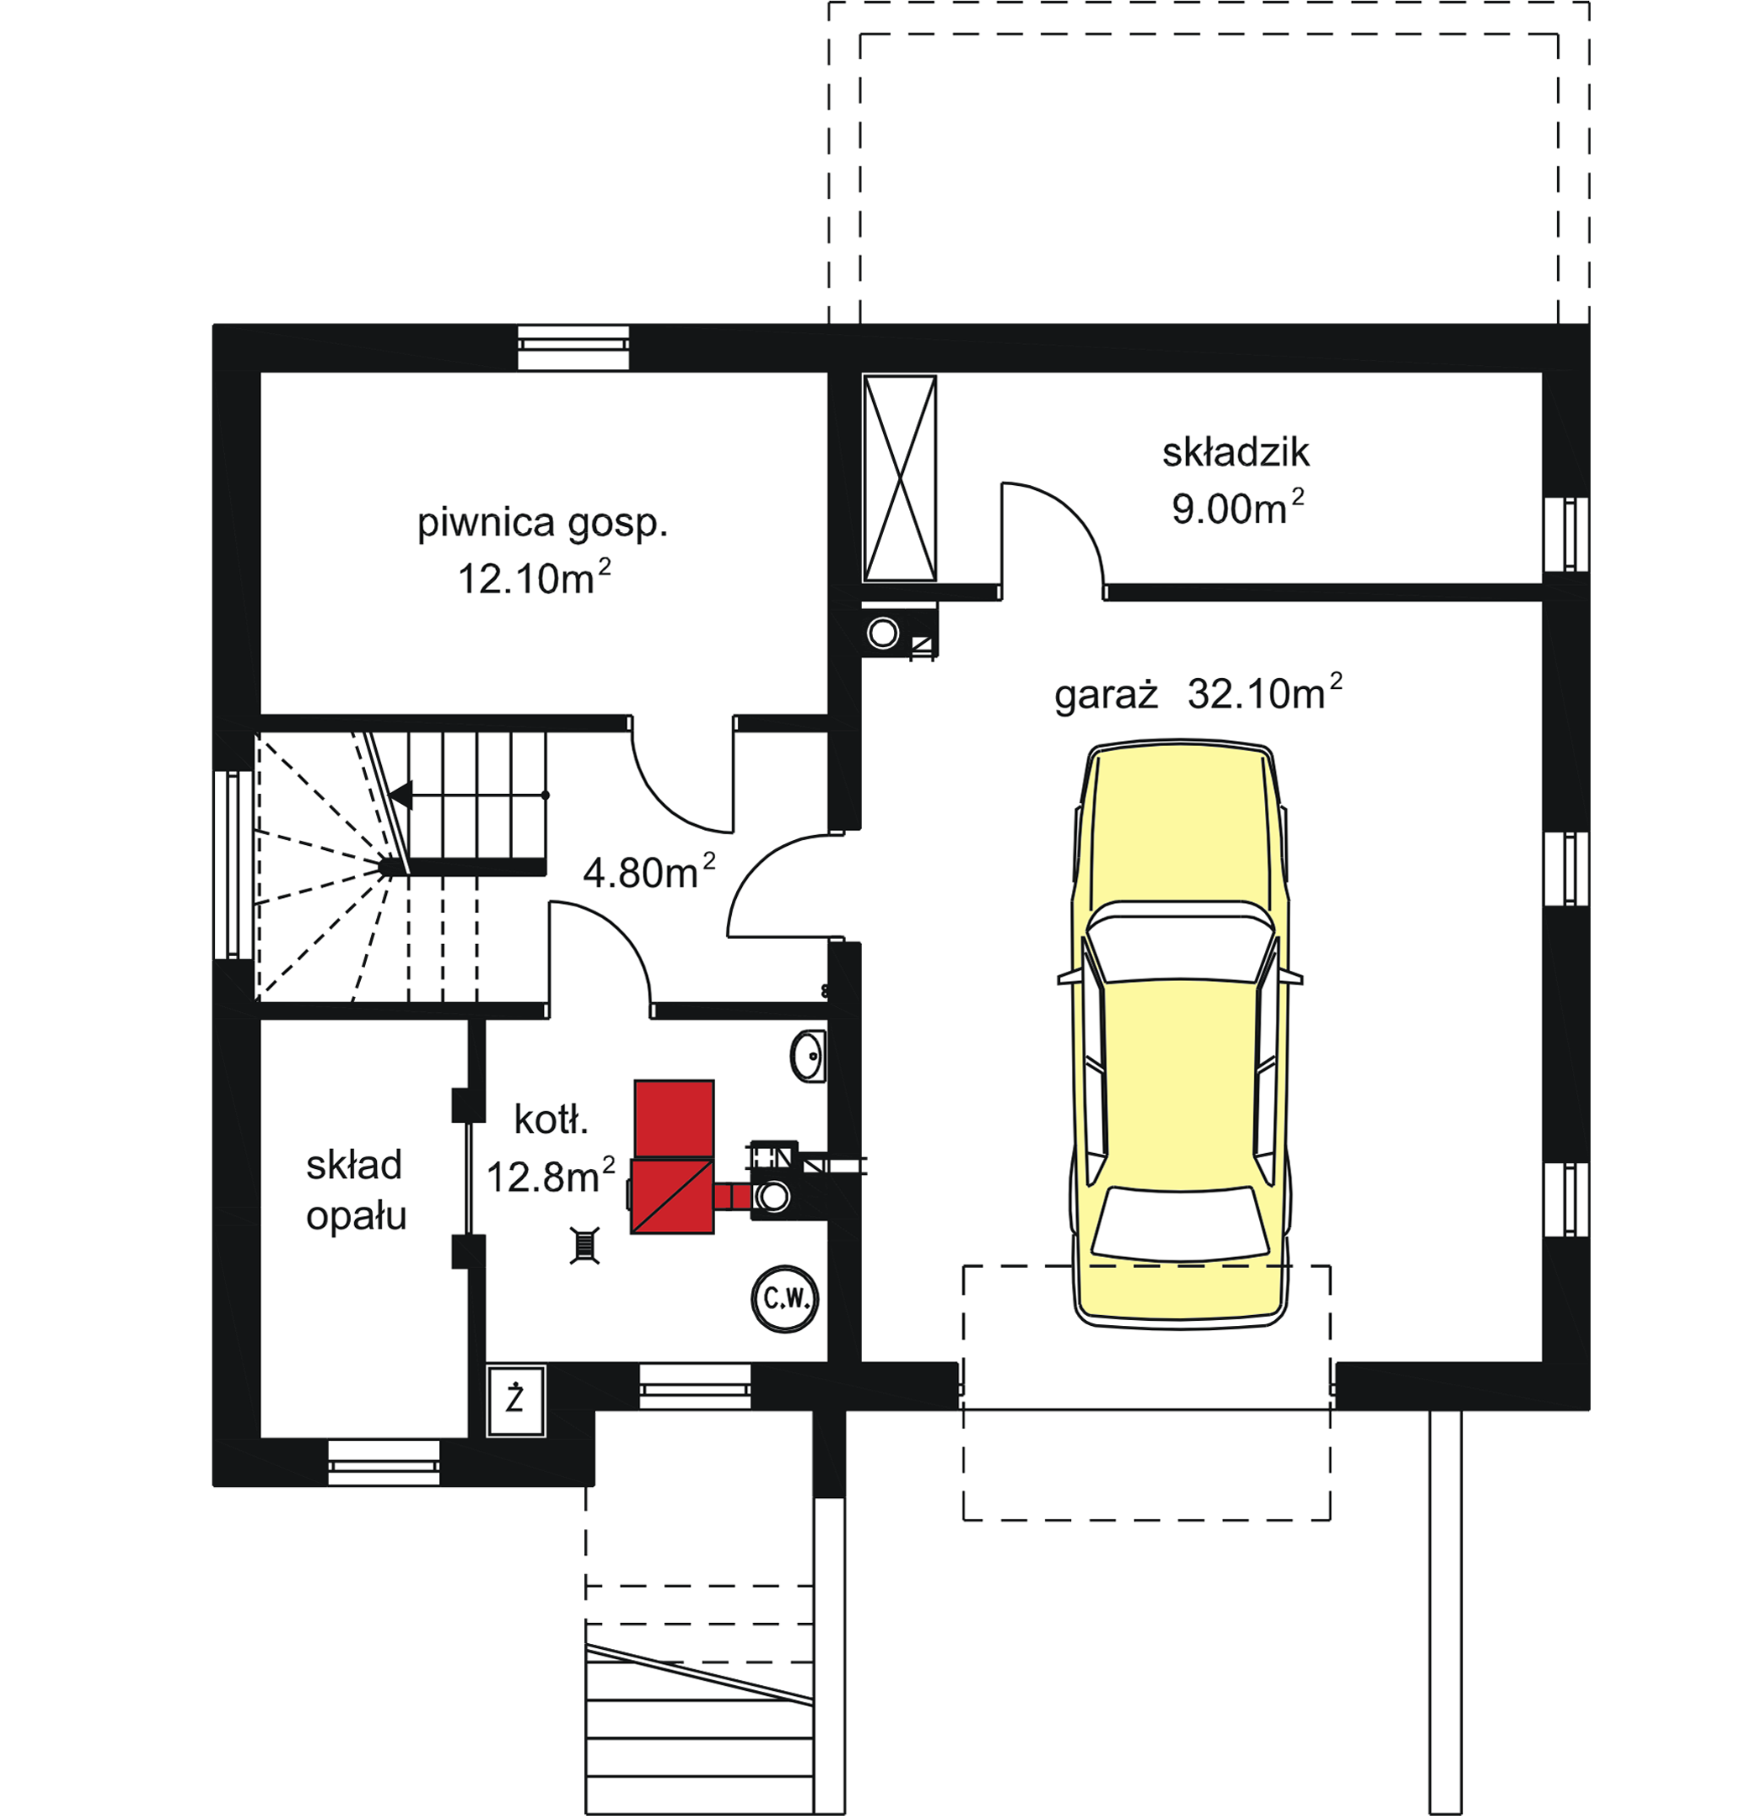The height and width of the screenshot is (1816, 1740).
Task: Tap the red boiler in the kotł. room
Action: [x=672, y=1158]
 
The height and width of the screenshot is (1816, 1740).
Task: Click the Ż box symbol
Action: [x=515, y=1399]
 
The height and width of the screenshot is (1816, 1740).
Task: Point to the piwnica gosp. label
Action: [x=542, y=524]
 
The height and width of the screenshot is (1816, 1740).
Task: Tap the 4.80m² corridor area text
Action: [x=649, y=873]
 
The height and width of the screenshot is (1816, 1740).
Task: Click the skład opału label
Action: [x=356, y=1191]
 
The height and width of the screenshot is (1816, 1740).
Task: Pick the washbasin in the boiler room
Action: [x=809, y=1056]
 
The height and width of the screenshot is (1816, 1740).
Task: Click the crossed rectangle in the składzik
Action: [x=900, y=478]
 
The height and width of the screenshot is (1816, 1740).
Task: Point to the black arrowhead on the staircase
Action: [x=401, y=794]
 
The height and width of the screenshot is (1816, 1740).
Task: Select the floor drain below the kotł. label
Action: [x=585, y=1246]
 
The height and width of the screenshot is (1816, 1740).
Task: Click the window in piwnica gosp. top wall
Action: [x=572, y=347]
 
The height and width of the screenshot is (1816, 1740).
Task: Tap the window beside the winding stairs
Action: [x=233, y=864]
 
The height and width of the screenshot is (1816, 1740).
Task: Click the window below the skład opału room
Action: [x=384, y=1463]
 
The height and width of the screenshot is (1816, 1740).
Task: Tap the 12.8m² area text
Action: [x=551, y=1177]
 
